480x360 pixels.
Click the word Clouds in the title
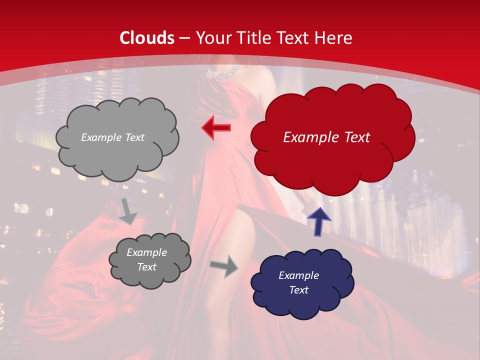[147, 38]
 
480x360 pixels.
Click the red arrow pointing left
[216, 128]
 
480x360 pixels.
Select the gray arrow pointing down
[128, 210]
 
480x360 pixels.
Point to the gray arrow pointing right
[224, 265]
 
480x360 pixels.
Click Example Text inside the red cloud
[326, 137]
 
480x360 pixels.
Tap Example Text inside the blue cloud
[298, 282]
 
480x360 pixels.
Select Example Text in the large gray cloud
[112, 137]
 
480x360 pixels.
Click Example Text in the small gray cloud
[146, 259]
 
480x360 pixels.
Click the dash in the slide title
[184, 38]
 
